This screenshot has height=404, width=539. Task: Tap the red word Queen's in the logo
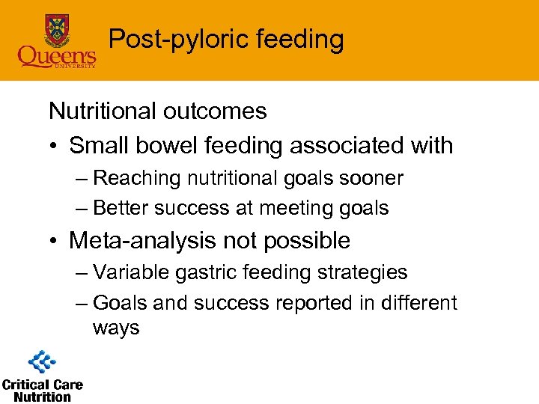pyautogui.click(x=57, y=55)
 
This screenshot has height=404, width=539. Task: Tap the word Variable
pyautogui.click(x=132, y=273)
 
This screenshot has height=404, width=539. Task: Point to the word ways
pyautogui.click(x=116, y=328)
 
